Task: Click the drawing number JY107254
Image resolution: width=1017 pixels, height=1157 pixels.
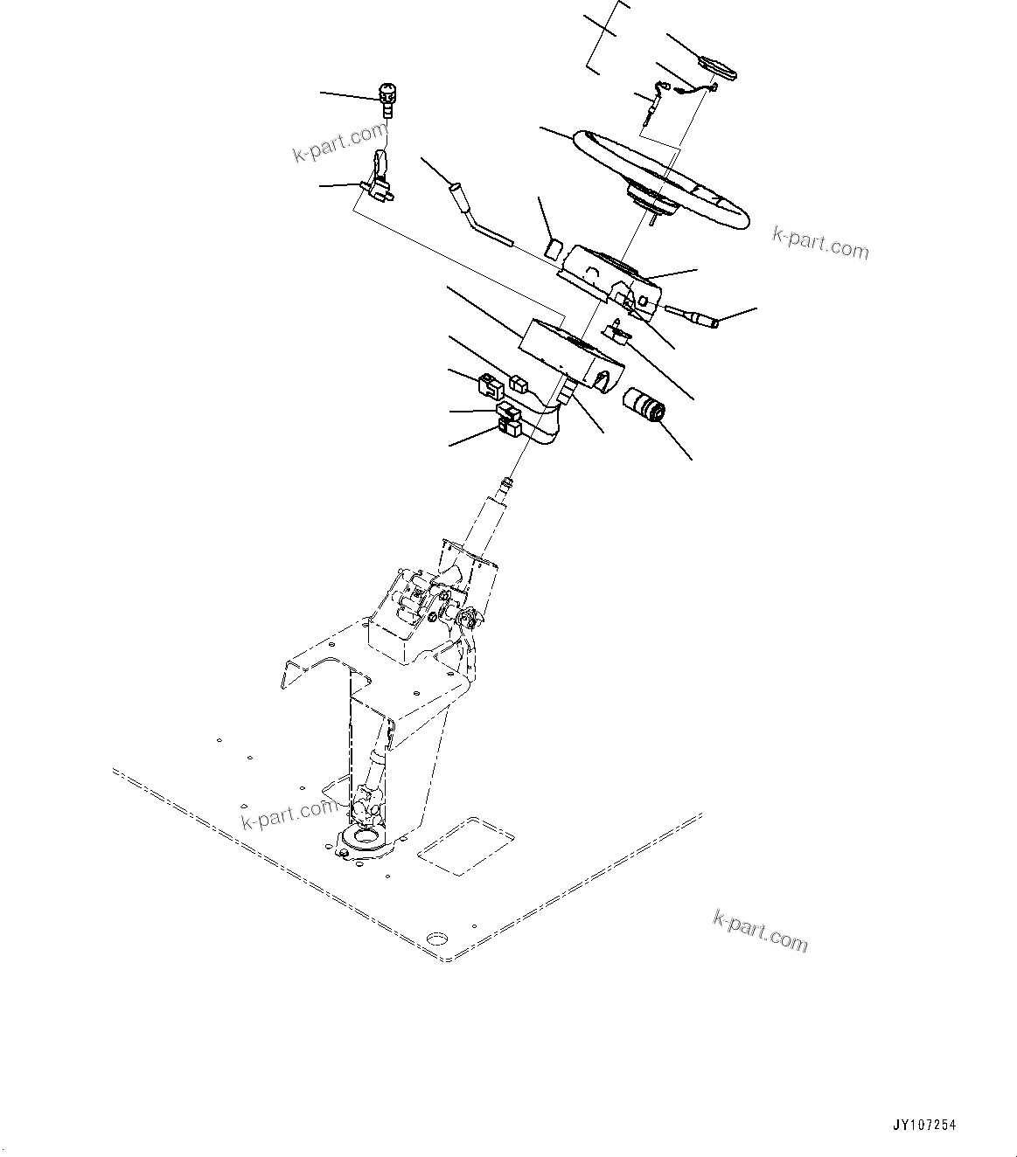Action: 925,1126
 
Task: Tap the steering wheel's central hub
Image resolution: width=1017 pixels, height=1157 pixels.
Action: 651,198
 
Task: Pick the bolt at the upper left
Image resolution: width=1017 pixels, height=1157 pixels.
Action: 387,98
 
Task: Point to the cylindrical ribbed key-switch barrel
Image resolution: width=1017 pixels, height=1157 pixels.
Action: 644,408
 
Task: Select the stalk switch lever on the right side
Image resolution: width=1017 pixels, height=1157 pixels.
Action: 693,315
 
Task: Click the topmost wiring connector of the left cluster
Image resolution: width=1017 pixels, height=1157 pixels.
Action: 519,381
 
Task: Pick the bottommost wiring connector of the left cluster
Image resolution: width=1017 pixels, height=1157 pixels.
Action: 508,427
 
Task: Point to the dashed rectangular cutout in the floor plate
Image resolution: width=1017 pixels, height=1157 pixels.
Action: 464,846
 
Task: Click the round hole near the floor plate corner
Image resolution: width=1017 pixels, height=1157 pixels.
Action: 435,939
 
